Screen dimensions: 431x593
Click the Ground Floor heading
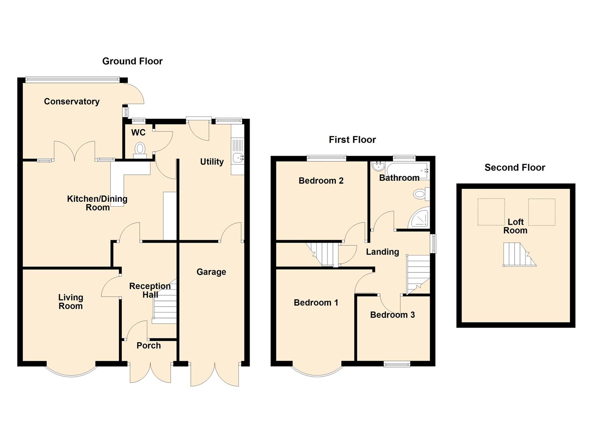pyautogui.click(x=132, y=61)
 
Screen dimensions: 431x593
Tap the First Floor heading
pyautogui.click(x=352, y=140)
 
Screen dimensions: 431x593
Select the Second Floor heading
pyautogui.click(x=514, y=168)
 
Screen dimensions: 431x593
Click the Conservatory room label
pyautogui.click(x=71, y=101)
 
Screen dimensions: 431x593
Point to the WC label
pyautogui.click(x=138, y=132)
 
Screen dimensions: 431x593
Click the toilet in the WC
pyautogui.click(x=140, y=149)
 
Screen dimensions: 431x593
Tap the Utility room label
pyautogui.click(x=212, y=162)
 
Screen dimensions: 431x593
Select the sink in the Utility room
pyautogui.click(x=238, y=158)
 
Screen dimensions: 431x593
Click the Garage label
pyautogui.click(x=211, y=272)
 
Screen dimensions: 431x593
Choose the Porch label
pyautogui.click(x=149, y=346)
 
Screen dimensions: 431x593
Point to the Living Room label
pyautogui.click(x=71, y=302)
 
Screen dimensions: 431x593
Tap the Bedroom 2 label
pyautogui.click(x=321, y=181)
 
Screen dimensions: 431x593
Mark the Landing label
pyautogui.click(x=382, y=252)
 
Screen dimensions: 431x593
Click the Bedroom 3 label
pyautogui.click(x=392, y=315)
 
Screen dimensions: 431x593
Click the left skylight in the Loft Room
pyautogui.click(x=491, y=212)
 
